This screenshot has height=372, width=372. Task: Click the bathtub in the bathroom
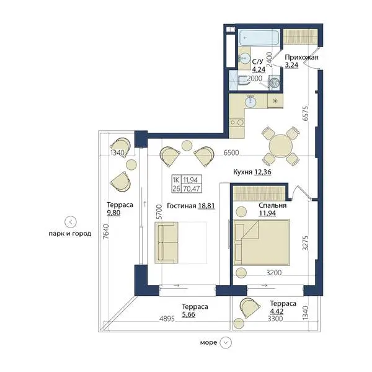tap(259, 38)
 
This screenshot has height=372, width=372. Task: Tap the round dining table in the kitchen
tap(280, 145)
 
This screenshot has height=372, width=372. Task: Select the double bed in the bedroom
tap(261, 242)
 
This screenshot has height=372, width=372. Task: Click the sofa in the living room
tap(166, 242)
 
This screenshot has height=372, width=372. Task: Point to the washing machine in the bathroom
tap(275, 82)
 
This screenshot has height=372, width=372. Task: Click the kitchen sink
tap(250, 102)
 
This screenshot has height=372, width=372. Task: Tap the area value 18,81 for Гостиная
tap(206, 206)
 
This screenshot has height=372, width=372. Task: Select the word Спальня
tap(273, 205)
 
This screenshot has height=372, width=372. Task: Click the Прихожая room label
tap(301, 57)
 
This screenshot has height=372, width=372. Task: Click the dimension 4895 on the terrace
tap(167, 319)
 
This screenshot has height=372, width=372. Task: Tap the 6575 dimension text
tap(306, 113)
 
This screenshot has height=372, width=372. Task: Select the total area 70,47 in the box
tap(192, 188)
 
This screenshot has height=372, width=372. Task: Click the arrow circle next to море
tap(226, 343)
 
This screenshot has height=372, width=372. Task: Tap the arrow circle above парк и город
tap(71, 222)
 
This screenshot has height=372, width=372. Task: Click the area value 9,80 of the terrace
tap(113, 213)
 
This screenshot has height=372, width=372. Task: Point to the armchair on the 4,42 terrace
tap(250, 308)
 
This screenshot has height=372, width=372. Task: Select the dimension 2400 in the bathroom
tap(270, 60)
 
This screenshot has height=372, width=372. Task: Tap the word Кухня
tap(242, 172)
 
